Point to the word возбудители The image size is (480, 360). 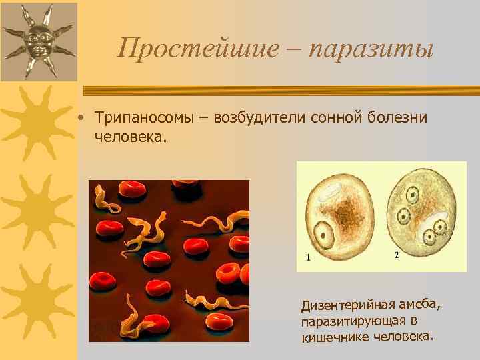257,117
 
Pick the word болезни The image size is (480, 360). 397,117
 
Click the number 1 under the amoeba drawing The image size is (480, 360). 308,256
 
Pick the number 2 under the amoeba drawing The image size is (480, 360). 397,255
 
